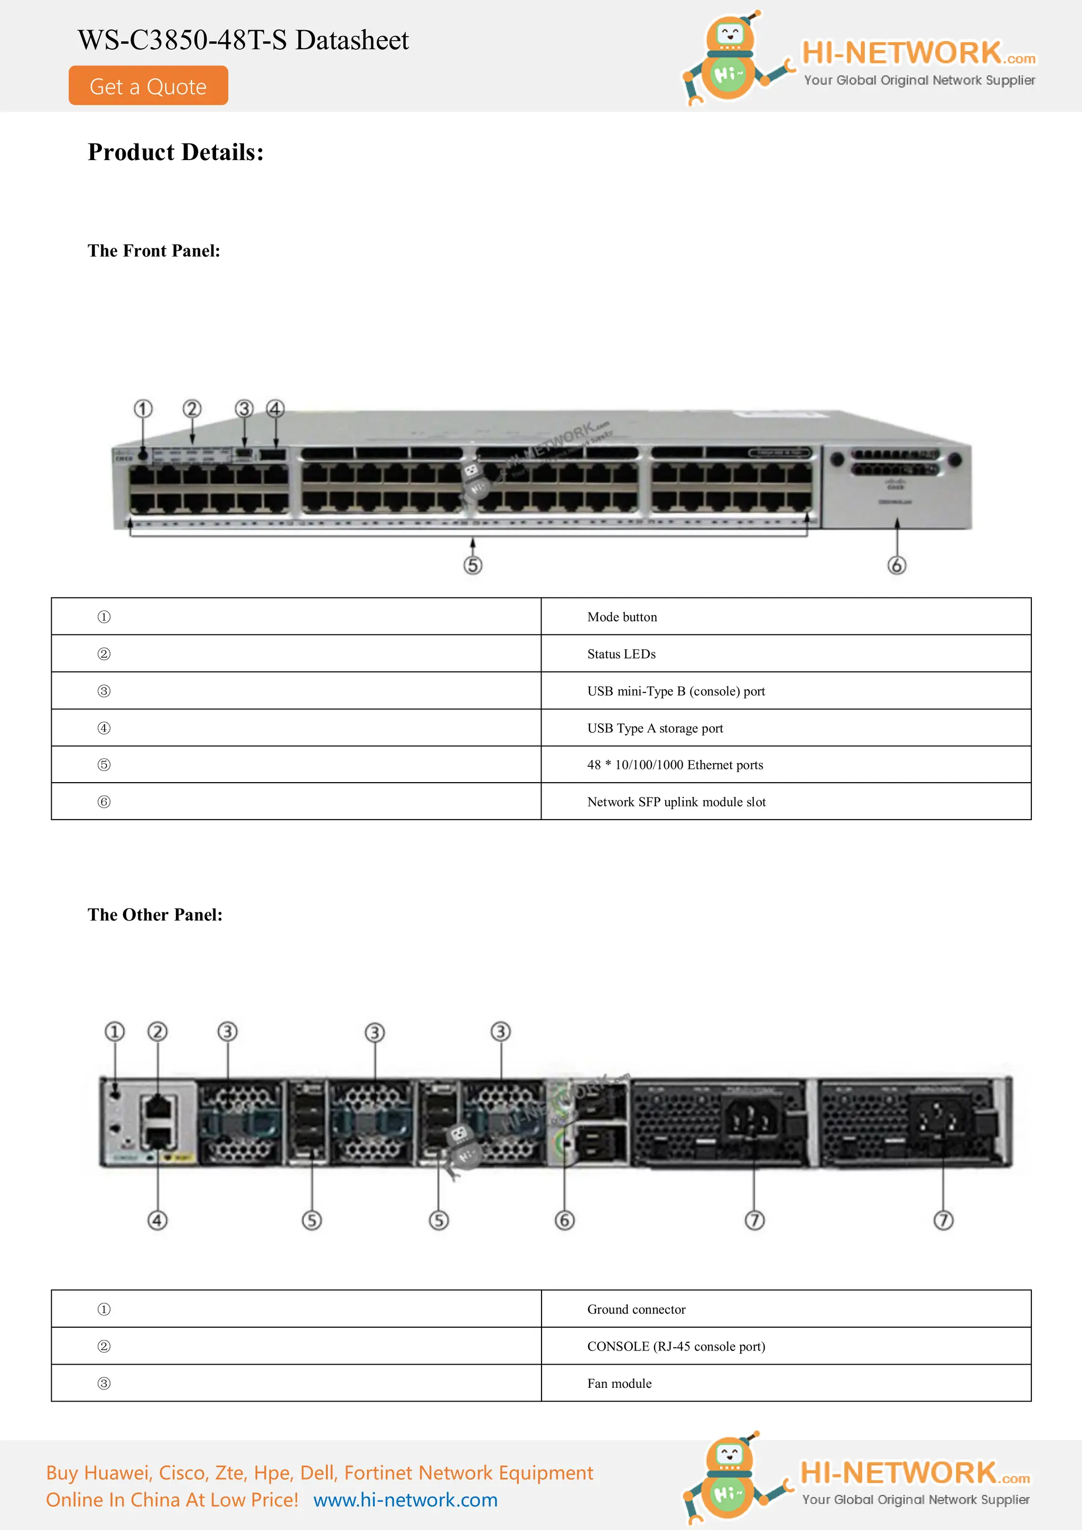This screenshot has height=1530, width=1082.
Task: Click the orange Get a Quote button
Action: [x=148, y=86]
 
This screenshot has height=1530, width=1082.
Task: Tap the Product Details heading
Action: [x=175, y=153]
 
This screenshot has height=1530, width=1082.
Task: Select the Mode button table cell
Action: [x=785, y=617]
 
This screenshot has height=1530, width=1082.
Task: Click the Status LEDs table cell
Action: [x=785, y=654]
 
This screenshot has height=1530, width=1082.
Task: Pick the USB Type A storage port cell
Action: [x=785, y=728]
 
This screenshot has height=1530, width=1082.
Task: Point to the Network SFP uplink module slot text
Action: [x=676, y=802]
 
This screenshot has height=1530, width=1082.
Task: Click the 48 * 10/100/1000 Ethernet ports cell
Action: [x=785, y=765]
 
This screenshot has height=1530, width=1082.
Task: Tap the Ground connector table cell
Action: [x=785, y=1309]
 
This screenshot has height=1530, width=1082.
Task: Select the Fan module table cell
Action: [x=785, y=1383]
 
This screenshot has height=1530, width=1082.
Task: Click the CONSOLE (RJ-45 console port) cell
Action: [x=785, y=1347]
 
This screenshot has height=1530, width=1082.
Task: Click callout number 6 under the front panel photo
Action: [x=897, y=566]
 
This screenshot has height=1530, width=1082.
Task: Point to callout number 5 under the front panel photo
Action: [x=473, y=566]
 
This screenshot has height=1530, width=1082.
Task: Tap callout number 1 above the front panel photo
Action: [x=143, y=408]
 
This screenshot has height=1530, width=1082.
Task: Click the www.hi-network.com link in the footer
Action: [x=405, y=1500]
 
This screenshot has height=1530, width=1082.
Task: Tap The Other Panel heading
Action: [x=155, y=915]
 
